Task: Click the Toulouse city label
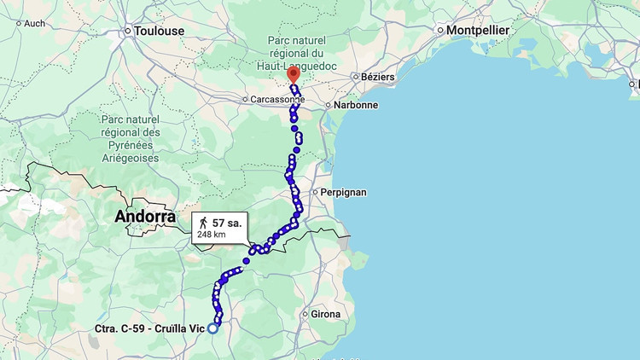[160, 31]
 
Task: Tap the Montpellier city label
[477, 30]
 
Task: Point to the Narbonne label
[356, 105]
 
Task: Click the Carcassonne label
[276, 99]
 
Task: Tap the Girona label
[325, 314]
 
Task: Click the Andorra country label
[145, 217]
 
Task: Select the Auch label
[35, 23]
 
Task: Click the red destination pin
[293, 74]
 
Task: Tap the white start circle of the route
[213, 328]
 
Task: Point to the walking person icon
[203, 223]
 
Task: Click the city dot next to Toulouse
[128, 32]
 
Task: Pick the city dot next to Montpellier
[440, 31]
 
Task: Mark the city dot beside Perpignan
[315, 192]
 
